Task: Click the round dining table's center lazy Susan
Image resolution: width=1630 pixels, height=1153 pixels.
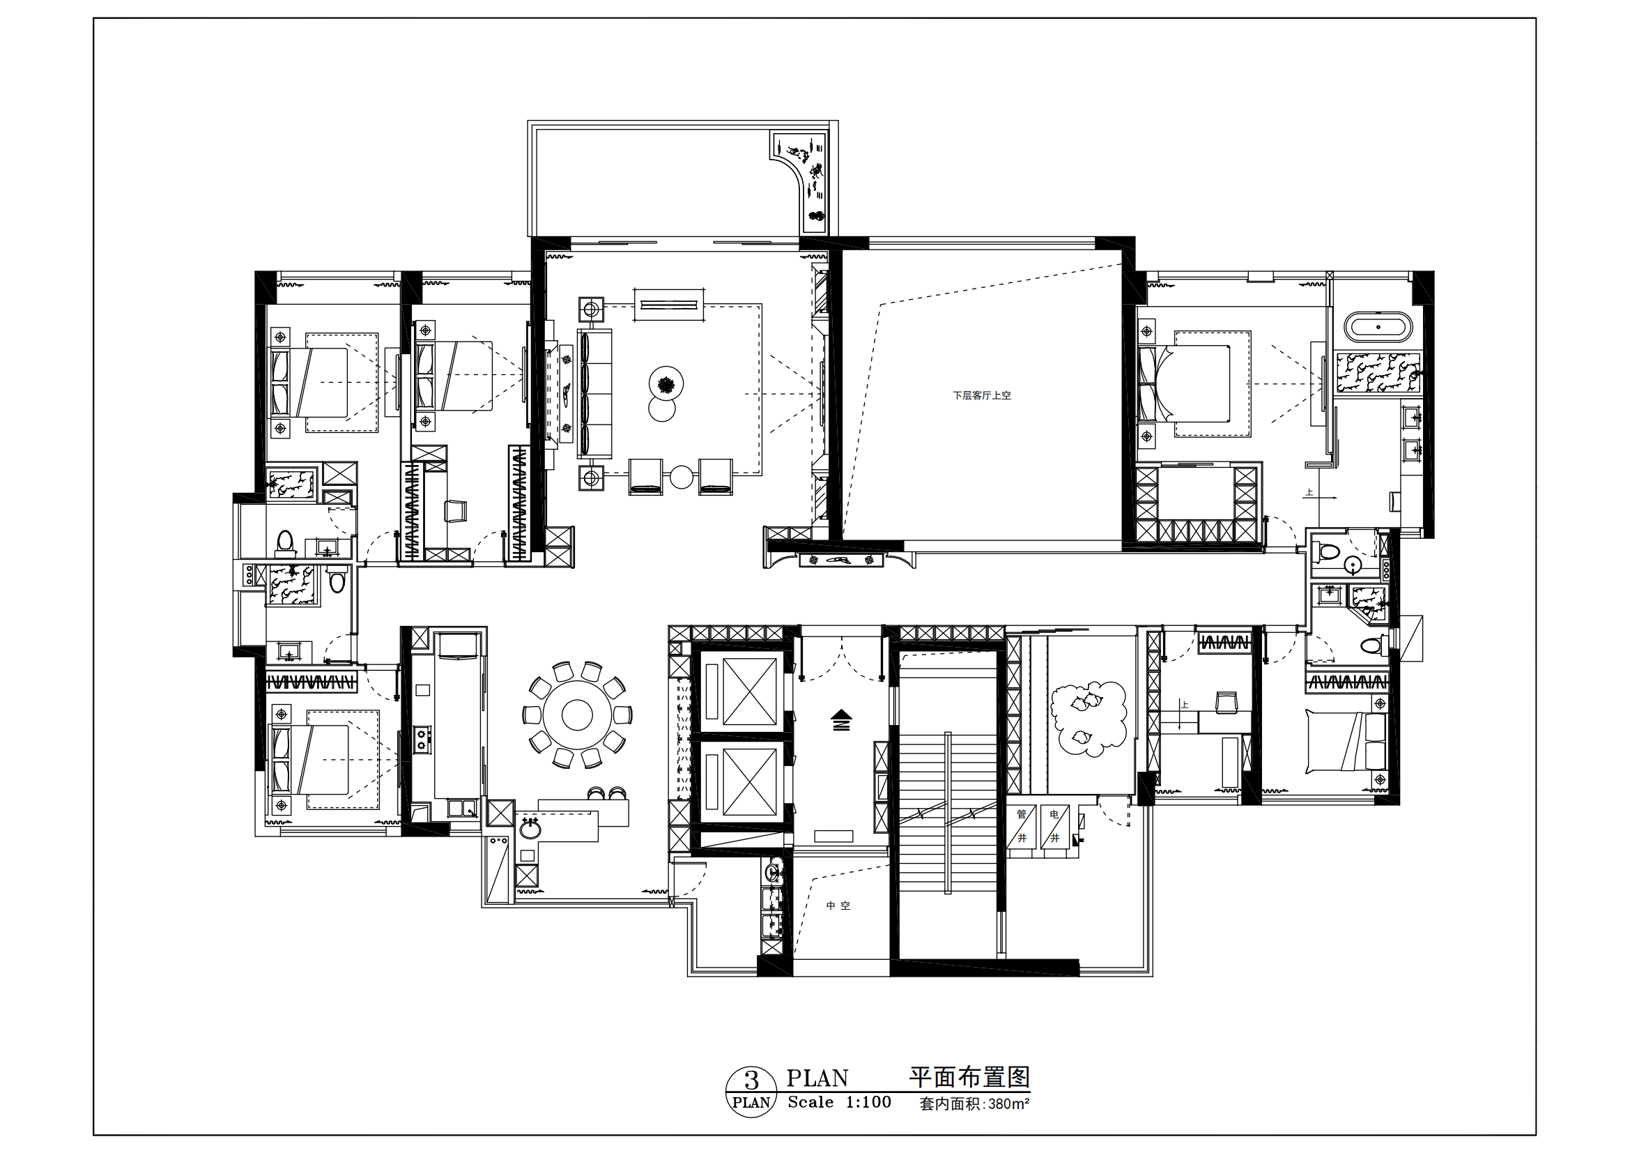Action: [577, 715]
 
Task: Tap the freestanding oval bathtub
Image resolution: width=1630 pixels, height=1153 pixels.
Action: [1378, 328]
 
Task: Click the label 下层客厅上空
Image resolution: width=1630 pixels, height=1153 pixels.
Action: [982, 395]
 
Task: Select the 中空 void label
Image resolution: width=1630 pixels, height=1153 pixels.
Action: [838, 906]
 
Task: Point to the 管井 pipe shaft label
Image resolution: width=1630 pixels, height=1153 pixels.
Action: [1022, 825]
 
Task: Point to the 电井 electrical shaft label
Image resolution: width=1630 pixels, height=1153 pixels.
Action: [1055, 825]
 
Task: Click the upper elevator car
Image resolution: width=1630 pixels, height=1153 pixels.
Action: [750, 691]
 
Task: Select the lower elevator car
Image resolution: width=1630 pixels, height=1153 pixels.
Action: [750, 781]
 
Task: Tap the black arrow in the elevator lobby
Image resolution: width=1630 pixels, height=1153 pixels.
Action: [841, 719]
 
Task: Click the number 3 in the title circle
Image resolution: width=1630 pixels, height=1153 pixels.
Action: [751, 1080]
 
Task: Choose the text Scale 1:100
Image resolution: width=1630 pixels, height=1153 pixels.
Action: [839, 1102]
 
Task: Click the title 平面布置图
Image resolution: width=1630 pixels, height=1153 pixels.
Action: [970, 1077]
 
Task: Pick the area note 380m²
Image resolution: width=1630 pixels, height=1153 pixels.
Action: [1009, 1104]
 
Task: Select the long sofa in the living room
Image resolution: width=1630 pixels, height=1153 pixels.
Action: [595, 394]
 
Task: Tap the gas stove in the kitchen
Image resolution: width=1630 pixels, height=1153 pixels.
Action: [423, 738]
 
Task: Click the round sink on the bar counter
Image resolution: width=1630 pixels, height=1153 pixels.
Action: [529, 828]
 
